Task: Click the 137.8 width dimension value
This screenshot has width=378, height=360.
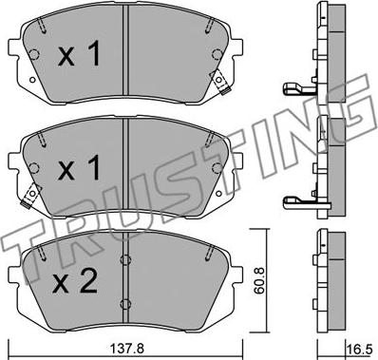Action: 126,350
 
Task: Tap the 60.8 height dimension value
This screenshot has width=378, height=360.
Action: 260,280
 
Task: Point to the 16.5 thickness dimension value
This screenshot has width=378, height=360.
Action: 361,351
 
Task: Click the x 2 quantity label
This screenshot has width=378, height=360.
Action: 75,282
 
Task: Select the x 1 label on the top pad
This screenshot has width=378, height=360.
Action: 79,54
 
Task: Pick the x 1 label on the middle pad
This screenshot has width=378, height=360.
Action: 79,168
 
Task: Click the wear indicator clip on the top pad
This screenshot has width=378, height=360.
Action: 220,82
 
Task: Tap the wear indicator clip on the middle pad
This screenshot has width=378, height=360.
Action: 30,196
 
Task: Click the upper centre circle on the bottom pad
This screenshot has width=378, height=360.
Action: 125,259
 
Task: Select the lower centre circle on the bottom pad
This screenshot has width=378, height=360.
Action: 125,303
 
